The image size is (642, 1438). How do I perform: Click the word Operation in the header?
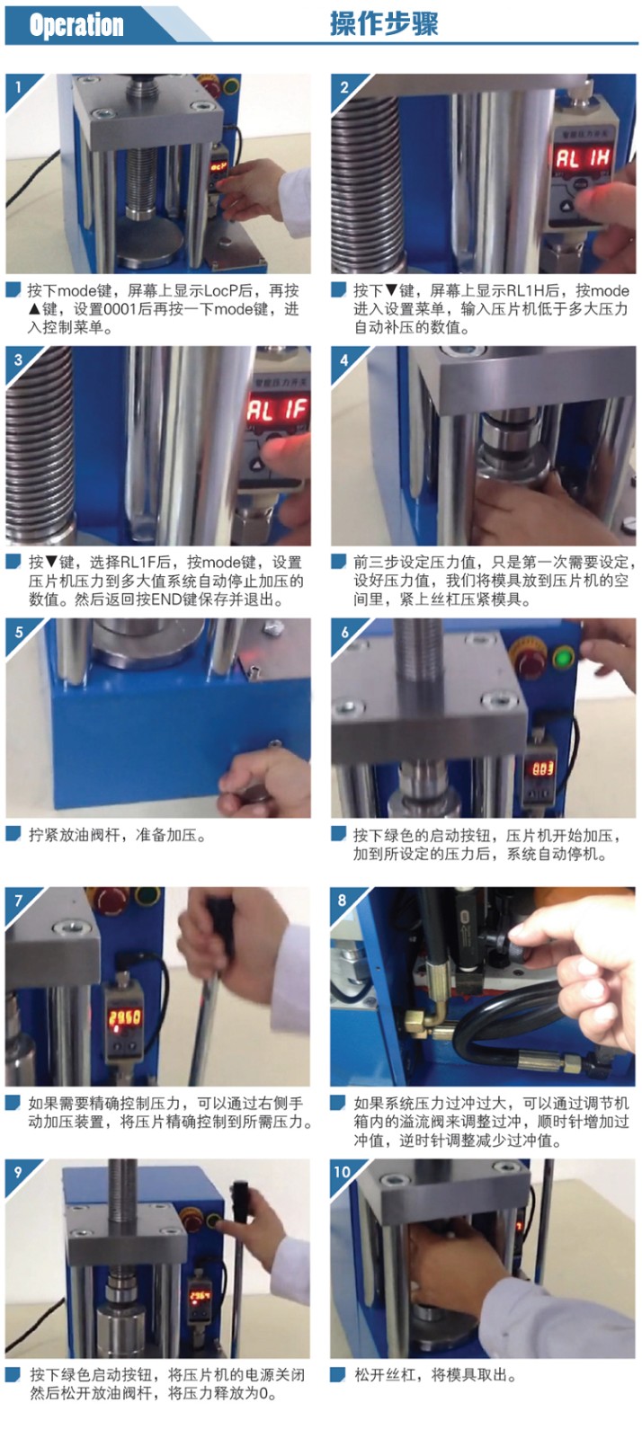coord(76,25)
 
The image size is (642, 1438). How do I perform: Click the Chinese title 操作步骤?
coord(384,24)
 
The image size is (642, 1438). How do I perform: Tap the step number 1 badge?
coord(18,86)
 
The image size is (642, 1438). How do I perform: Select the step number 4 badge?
coord(344,359)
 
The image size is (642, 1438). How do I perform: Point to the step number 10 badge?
coord(343,1172)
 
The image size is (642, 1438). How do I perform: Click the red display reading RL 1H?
coord(582,157)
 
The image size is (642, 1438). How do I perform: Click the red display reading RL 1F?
coord(278,408)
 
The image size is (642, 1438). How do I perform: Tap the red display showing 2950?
coord(125,1016)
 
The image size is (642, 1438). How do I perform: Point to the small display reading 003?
coord(542,768)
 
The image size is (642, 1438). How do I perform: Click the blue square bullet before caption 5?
coord(13,834)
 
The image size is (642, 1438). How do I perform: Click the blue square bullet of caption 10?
coord(338,1374)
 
